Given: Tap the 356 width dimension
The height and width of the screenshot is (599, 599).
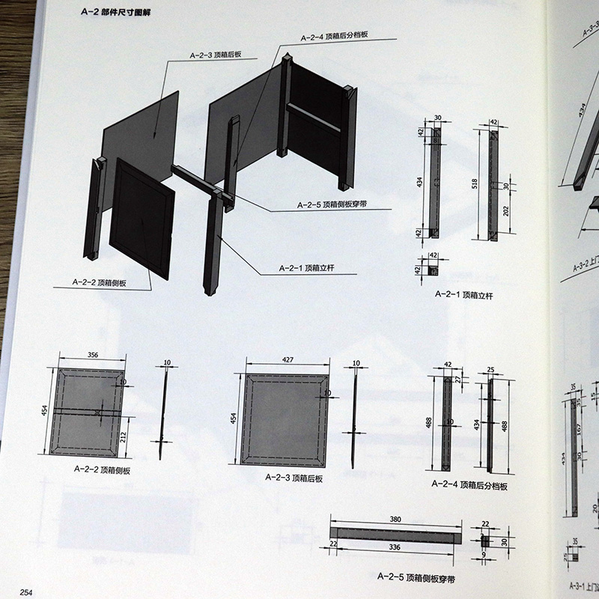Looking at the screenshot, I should (92, 356).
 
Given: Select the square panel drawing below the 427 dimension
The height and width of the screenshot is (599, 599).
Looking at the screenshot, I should (285, 419).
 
